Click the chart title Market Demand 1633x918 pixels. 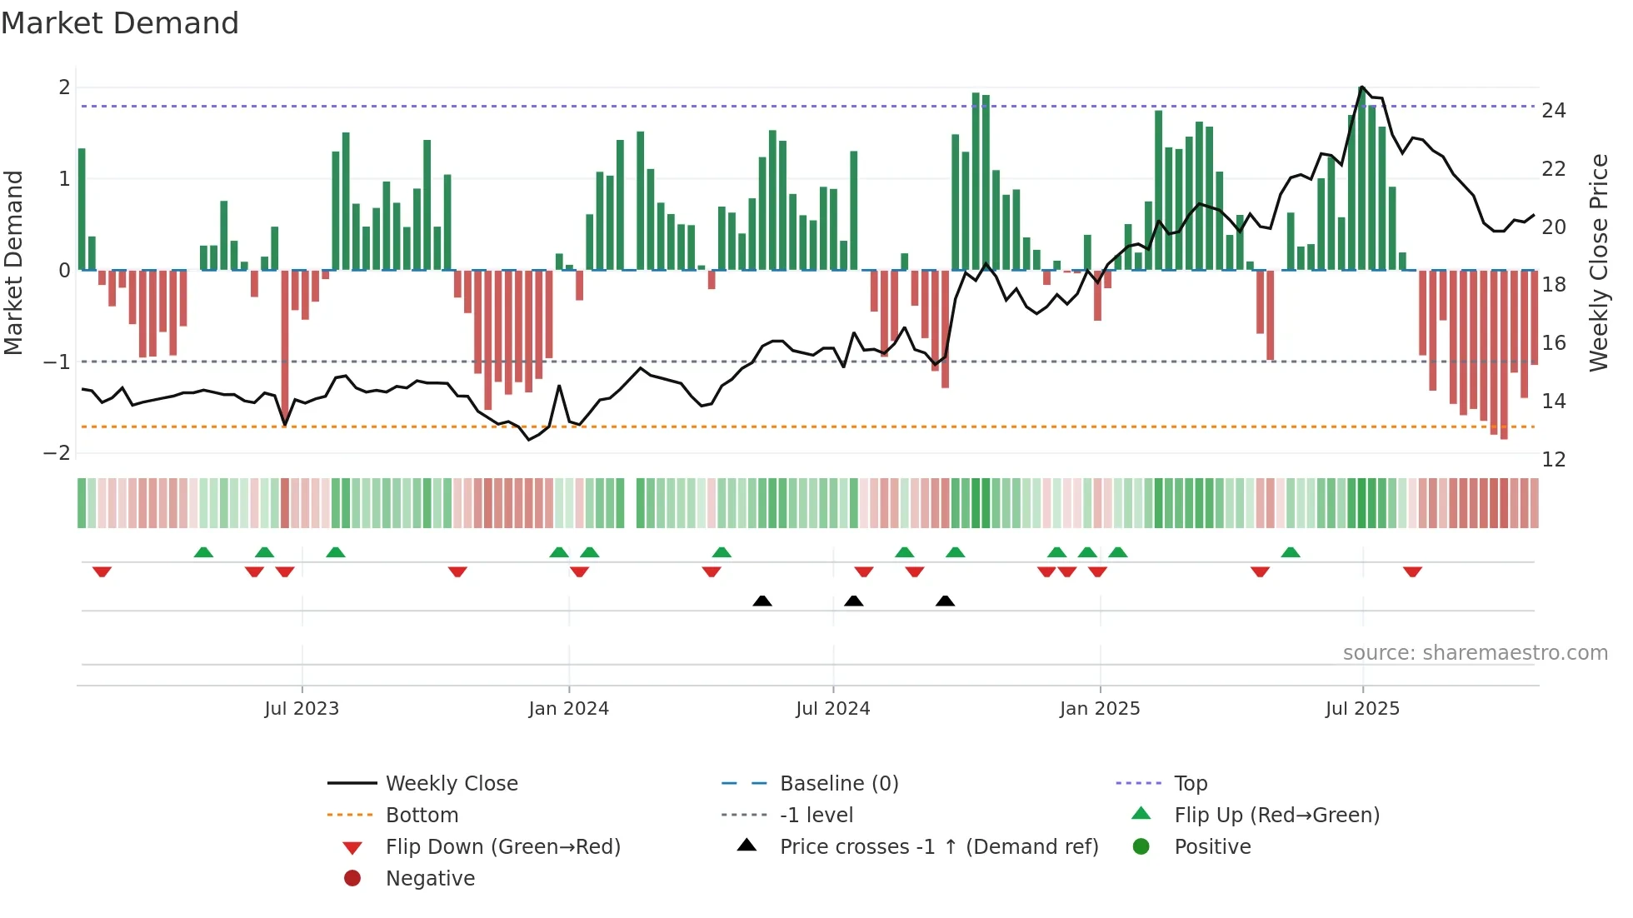(120, 23)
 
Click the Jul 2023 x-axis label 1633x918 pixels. (302, 709)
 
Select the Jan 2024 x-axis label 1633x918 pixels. (568, 709)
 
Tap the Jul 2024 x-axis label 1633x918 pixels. (832, 709)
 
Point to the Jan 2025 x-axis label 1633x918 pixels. (1099, 709)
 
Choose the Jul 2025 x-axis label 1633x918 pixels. (1362, 709)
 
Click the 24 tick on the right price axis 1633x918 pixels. (1553, 111)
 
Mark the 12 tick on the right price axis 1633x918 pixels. (1553, 460)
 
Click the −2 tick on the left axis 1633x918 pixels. (57, 453)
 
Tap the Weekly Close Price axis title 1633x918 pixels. (1598, 262)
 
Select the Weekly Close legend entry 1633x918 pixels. (451, 784)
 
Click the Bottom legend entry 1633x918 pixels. (422, 816)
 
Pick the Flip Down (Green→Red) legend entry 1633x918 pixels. (502, 847)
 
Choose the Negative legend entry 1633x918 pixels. (430, 879)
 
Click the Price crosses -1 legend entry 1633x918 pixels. (938, 847)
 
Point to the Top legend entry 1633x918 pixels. (1190, 784)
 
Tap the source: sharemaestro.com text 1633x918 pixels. (1475, 653)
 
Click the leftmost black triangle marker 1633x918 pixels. (762, 601)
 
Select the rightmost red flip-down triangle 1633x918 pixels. (1411, 571)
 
